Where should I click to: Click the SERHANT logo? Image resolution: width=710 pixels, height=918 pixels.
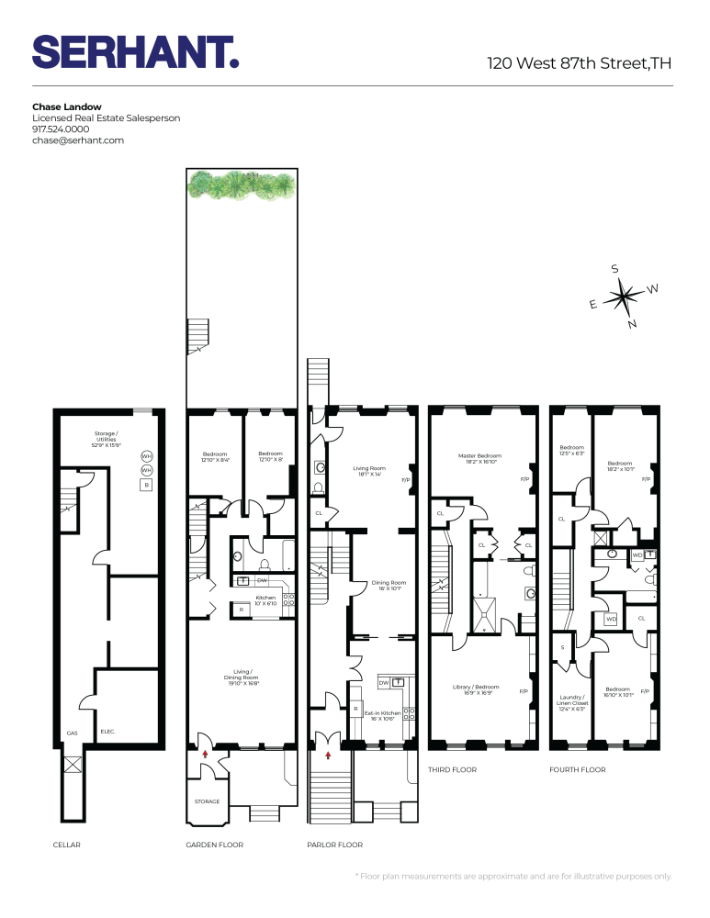135,52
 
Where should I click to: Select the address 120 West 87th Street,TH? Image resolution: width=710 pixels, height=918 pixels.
580,63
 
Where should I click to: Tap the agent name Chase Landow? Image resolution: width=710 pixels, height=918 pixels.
67,106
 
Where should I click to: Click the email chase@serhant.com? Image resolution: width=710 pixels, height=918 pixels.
78,140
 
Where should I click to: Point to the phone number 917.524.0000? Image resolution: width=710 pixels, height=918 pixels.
61,129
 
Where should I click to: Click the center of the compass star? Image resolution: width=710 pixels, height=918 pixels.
624,297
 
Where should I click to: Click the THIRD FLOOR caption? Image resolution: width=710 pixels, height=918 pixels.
453,769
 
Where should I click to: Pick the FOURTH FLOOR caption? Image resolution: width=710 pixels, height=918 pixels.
577,769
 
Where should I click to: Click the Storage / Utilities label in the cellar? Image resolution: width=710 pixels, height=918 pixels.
110,437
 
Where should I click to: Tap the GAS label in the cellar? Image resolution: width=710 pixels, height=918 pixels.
73,733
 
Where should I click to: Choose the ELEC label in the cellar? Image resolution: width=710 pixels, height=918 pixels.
107,732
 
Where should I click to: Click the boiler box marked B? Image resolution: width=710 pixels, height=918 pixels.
145,485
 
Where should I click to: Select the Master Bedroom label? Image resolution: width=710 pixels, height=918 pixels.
480,459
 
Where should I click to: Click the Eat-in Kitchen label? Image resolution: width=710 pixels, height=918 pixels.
383,716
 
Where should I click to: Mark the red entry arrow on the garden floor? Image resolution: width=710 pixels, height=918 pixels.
206,753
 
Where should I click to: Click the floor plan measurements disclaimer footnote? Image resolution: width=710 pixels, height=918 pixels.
513,876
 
